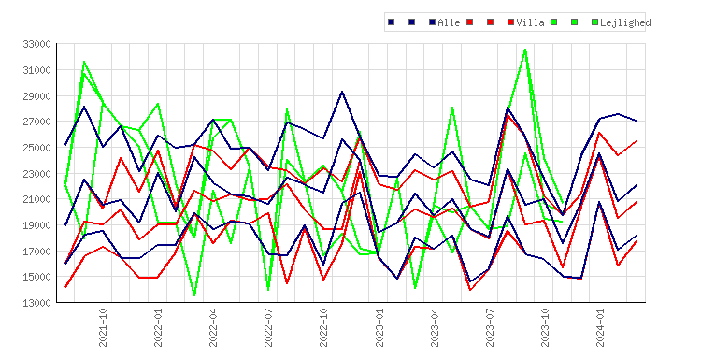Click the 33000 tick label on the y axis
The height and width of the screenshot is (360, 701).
[x=36, y=44]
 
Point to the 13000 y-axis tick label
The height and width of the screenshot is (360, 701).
[x=36, y=303]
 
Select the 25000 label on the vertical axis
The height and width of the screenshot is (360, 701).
[x=36, y=148]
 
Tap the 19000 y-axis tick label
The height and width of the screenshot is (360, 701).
[x=36, y=225]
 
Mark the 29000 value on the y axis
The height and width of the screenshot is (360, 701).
[x=36, y=96]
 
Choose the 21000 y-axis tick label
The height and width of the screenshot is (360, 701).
[x=36, y=199]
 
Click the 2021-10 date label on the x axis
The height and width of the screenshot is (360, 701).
[x=103, y=327]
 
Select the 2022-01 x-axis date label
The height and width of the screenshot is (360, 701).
[x=158, y=327]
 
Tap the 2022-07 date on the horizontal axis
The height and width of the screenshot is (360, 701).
[x=268, y=327]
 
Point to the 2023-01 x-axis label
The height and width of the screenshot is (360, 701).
[x=379, y=327]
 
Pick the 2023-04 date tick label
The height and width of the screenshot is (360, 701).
[x=435, y=327]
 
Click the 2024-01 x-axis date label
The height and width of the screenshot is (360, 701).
[x=600, y=327]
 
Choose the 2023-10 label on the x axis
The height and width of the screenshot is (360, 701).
[x=545, y=327]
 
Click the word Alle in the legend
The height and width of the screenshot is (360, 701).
[x=449, y=22]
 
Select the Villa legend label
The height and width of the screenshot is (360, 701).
[x=530, y=22]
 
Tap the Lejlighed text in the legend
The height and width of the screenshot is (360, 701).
[x=625, y=22]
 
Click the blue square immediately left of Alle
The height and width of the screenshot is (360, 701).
[x=433, y=22]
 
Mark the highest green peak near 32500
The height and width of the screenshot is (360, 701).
[x=525, y=50]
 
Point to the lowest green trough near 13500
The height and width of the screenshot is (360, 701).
[x=194, y=295]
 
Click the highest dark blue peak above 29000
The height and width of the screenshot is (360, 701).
[x=342, y=92]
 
